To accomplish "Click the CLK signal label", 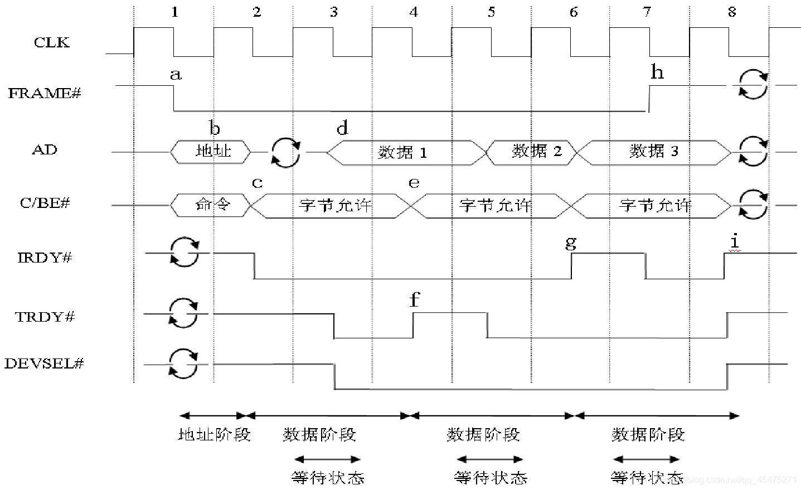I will click(x=52, y=42).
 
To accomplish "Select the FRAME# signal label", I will click(x=45, y=93).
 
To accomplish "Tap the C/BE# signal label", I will click(x=45, y=202).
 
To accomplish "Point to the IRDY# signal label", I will click(x=45, y=258).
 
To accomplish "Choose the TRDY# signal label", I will click(x=45, y=317).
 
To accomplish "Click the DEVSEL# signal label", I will click(x=44, y=363).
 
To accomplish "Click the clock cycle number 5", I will click(x=491, y=12).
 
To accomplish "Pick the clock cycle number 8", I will click(x=732, y=12).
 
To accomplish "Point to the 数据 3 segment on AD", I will click(x=654, y=151).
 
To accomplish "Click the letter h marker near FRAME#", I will click(x=657, y=72).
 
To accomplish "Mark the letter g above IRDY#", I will click(x=571, y=242).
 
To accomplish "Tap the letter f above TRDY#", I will click(x=414, y=300).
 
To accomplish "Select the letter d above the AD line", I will click(x=342, y=129).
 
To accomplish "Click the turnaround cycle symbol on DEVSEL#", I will click(x=184, y=364).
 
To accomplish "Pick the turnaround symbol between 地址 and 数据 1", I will click(x=287, y=151).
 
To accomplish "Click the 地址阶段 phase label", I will click(x=214, y=435).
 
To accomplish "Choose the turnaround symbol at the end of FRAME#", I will click(x=753, y=85).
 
